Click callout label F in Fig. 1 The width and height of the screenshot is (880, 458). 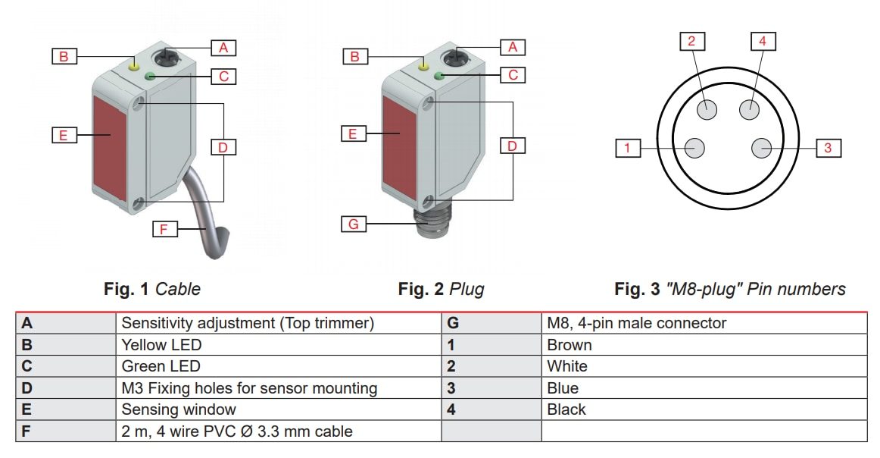(x=164, y=228)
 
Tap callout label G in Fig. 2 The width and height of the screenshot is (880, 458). (x=353, y=224)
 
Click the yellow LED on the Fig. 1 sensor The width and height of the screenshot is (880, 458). (x=135, y=66)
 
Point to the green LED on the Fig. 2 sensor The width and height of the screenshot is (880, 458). (x=439, y=75)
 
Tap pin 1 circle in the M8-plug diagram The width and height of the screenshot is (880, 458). (x=695, y=148)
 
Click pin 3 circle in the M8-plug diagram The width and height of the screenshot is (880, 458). (x=761, y=148)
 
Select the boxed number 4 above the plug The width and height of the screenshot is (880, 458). (x=762, y=41)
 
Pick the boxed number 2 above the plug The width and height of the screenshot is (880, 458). (x=691, y=41)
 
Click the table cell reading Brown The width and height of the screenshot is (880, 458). (x=570, y=345)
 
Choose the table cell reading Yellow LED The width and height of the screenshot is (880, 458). (x=161, y=345)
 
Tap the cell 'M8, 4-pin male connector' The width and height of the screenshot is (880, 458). (x=636, y=323)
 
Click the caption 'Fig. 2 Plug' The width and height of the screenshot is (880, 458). (x=441, y=289)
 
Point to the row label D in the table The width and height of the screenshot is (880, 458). (x=28, y=388)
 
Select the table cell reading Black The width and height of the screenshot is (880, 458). (x=566, y=409)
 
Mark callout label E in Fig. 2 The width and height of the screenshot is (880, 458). (x=353, y=134)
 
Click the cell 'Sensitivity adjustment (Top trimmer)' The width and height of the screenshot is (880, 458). (x=248, y=323)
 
